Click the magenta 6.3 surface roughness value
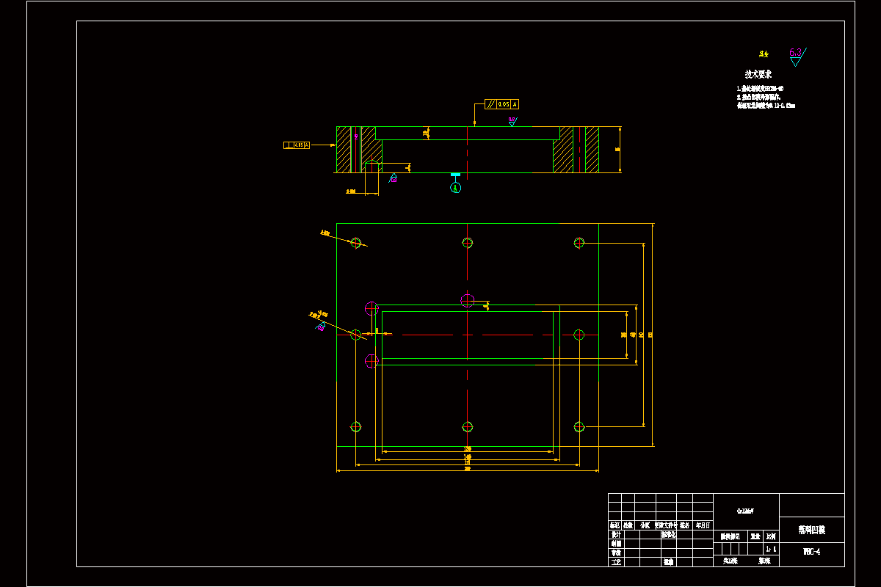[795, 52]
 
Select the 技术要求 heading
[758, 74]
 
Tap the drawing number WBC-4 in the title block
[811, 551]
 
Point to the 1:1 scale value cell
[771, 549]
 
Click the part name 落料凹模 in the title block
[811, 529]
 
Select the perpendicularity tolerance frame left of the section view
[297, 145]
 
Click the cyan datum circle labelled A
[456, 188]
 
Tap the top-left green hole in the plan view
[356, 243]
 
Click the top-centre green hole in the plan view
[468, 243]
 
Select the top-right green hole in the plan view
[579, 243]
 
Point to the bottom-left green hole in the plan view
[356, 427]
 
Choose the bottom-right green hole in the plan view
[579, 427]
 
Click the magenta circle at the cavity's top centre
[468, 300]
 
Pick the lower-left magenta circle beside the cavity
[371, 361]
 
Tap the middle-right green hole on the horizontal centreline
[579, 335]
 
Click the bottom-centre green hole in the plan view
[468, 427]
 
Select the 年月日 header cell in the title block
[703, 525]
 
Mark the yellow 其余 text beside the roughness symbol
[764, 54]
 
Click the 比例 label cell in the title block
[771, 537]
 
